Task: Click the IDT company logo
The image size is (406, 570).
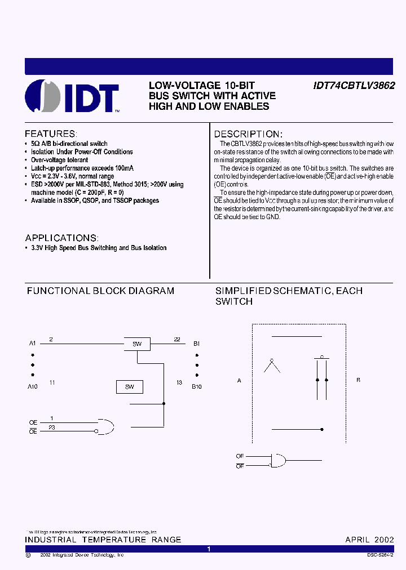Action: click(72, 97)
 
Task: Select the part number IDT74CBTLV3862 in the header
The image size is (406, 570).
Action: click(354, 86)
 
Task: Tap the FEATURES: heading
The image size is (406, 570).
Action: click(51, 134)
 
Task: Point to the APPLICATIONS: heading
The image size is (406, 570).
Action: click(62, 238)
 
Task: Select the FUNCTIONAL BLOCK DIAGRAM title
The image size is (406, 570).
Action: click(100, 291)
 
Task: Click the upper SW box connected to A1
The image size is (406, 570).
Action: click(137, 344)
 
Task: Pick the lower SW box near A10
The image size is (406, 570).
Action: click(129, 387)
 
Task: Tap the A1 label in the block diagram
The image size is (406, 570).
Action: click(32, 343)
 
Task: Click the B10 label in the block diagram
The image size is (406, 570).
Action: click(196, 387)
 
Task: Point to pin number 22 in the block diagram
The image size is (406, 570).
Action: click(177, 339)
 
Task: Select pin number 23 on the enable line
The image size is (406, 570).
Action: click(52, 427)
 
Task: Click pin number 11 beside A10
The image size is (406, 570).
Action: click(52, 382)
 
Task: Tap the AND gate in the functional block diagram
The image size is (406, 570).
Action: click(105, 426)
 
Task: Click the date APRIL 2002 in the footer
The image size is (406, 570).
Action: click(369, 540)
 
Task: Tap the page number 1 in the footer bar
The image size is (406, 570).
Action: click(209, 549)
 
